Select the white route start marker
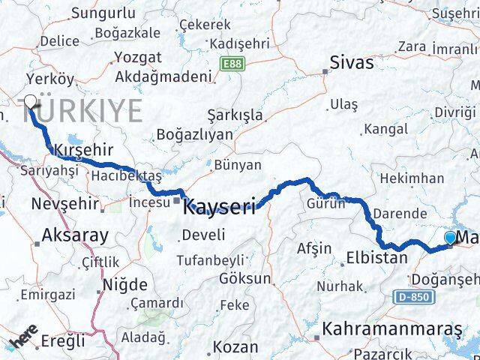(31, 102)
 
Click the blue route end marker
(450, 238)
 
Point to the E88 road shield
(231, 64)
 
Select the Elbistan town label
(377, 259)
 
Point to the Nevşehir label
(65, 203)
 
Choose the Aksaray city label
(75, 235)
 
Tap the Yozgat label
(138, 57)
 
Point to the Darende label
(400, 213)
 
